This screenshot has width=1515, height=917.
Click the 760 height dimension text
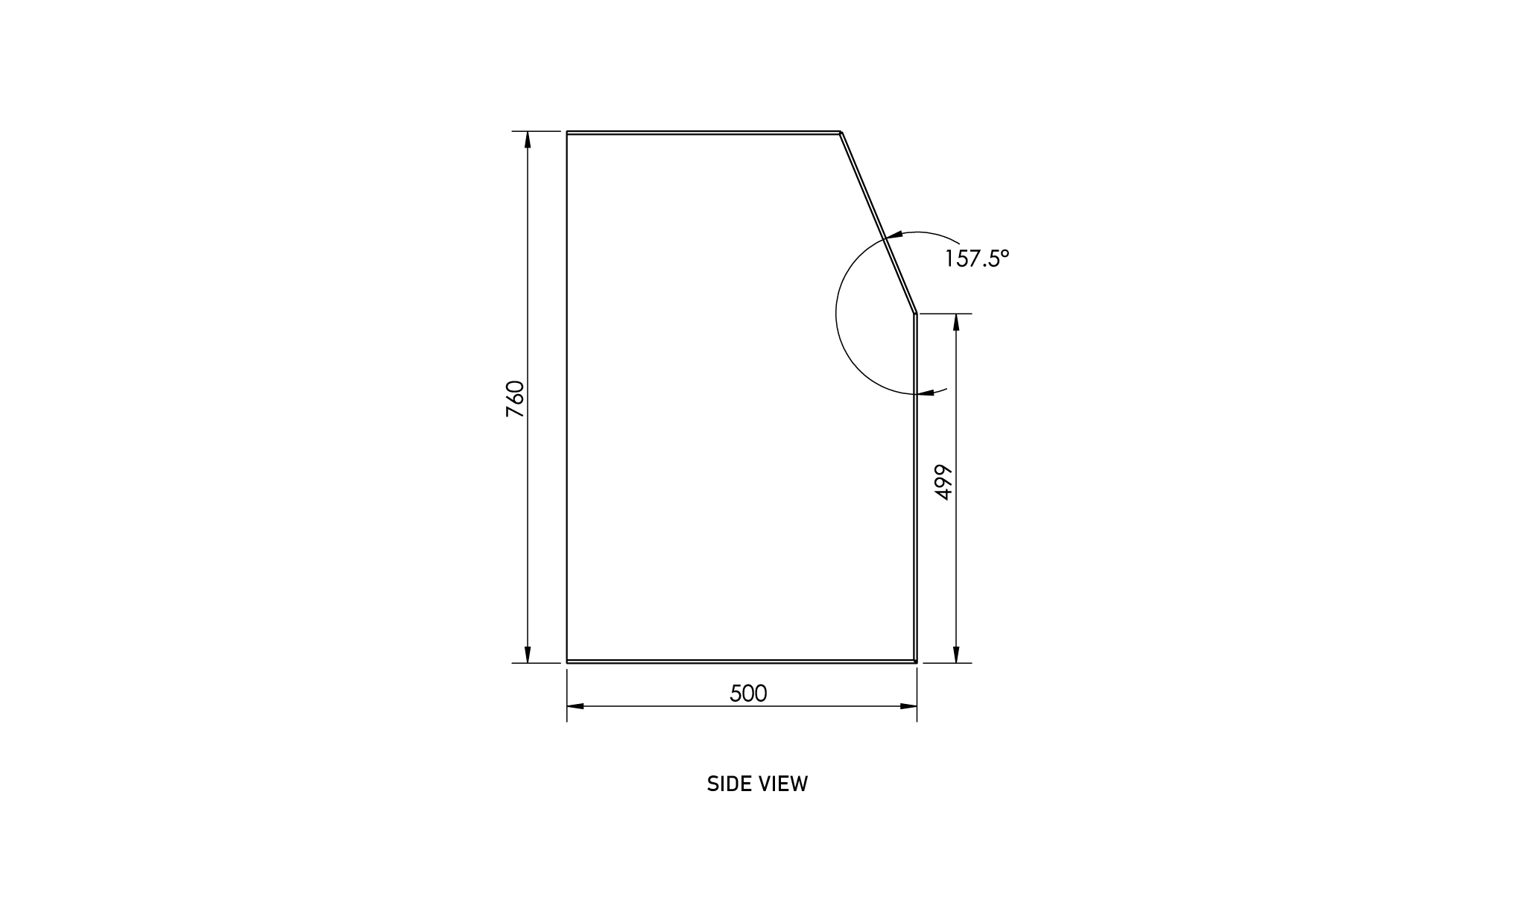(516, 399)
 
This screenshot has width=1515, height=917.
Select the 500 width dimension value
(748, 694)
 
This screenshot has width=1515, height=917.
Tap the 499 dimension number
(943, 482)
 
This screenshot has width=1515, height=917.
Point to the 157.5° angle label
(977, 258)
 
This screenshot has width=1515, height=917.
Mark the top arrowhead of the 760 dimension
(528, 140)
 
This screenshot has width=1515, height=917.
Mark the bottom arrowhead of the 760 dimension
(528, 654)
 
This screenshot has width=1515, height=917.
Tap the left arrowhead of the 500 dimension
(576, 706)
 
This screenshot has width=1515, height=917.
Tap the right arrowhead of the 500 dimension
(908, 706)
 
